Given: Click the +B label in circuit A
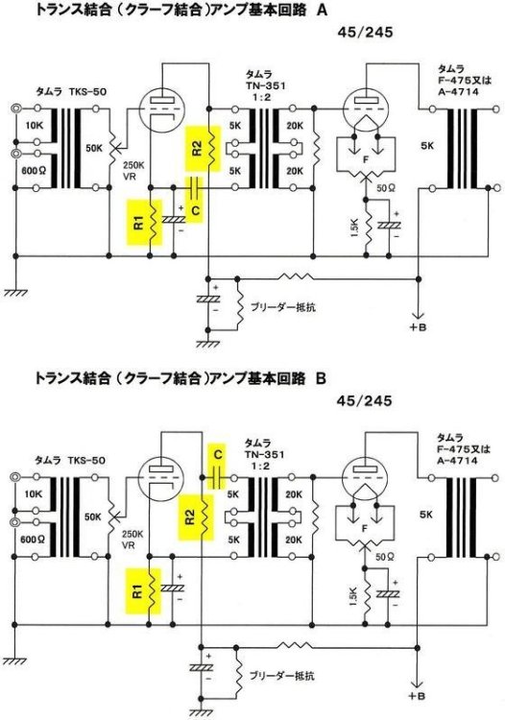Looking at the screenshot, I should pos(416,328).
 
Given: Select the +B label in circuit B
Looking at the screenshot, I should pos(414,694).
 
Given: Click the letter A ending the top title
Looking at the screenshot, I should pos(322,12).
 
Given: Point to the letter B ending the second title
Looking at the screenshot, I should pos(321,380).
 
